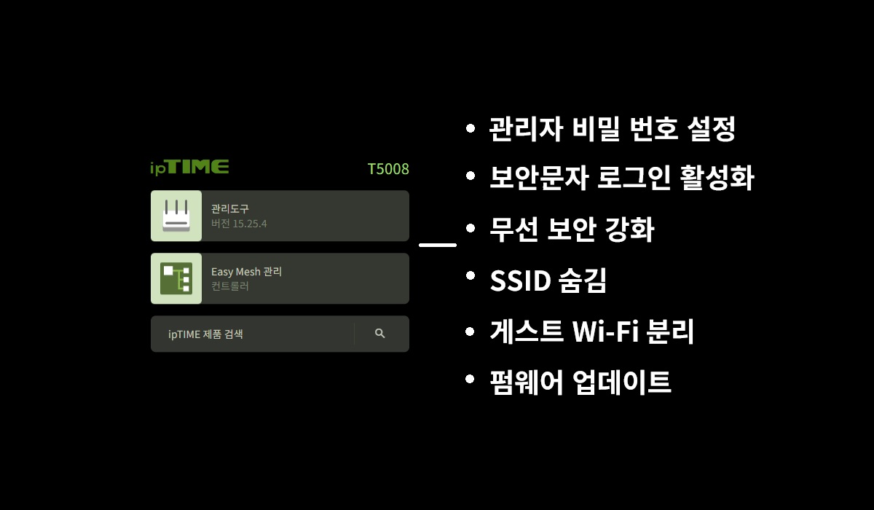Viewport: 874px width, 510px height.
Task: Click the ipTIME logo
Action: pos(189,168)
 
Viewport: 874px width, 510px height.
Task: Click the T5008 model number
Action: pos(388,169)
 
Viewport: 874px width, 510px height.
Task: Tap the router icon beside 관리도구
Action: pos(176,216)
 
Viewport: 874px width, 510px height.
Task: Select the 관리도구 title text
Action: pos(230,209)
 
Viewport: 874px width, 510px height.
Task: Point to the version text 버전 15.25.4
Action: pos(239,224)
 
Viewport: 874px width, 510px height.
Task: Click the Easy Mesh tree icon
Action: pos(176,278)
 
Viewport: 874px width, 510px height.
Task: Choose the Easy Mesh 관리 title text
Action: pos(246,272)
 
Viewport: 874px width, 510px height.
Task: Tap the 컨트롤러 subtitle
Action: pos(230,286)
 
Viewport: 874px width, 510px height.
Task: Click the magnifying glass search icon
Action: pos(379,333)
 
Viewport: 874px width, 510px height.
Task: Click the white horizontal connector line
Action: pos(438,246)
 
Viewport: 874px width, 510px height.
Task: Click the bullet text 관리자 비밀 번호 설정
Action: pos(612,130)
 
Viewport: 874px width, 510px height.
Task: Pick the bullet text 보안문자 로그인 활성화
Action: pos(621,178)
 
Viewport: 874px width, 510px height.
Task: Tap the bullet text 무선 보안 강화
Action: pos(572,230)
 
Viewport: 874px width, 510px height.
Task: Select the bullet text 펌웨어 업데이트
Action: pos(580,382)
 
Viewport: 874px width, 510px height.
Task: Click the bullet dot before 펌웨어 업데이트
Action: pos(471,380)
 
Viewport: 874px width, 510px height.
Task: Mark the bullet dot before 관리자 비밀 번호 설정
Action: pos(471,129)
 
